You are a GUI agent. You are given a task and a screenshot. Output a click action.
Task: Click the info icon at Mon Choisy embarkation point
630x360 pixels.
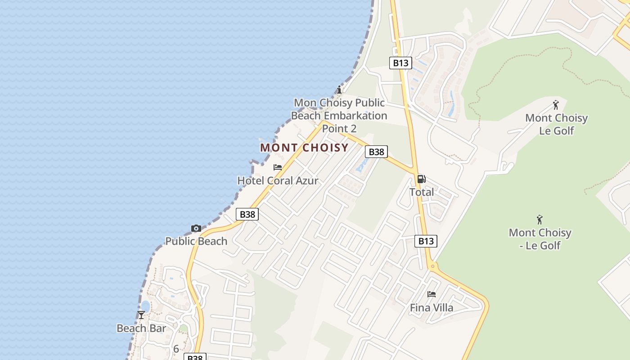point(339,90)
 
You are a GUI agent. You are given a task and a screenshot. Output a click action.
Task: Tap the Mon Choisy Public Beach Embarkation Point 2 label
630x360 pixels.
point(339,116)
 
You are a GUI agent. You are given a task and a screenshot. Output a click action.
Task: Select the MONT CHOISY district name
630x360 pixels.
point(304,148)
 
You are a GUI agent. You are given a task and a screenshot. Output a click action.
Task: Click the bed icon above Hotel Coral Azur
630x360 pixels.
point(278,167)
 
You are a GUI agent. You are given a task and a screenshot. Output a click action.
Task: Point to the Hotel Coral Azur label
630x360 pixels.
point(278,181)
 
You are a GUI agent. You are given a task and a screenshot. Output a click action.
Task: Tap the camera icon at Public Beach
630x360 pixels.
point(196,229)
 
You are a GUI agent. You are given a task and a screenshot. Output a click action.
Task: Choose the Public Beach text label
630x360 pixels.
point(196,241)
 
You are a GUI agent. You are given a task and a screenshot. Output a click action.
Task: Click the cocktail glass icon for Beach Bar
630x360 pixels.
point(141,315)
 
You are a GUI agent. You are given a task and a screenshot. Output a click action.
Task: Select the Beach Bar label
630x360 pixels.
point(141,328)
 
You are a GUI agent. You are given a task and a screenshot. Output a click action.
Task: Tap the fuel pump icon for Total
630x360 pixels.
point(422,179)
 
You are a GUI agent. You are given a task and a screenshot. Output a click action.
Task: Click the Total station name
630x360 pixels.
point(422,192)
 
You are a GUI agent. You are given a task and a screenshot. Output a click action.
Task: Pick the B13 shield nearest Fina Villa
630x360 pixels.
point(426,241)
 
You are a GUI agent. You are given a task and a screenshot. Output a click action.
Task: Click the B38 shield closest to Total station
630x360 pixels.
point(376,152)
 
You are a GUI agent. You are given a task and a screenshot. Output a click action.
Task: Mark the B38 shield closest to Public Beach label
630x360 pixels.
point(247,214)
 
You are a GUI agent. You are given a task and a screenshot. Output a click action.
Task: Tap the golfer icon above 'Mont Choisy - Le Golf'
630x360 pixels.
point(540,220)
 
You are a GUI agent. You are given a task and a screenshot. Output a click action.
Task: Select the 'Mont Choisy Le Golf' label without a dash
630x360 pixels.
point(557,124)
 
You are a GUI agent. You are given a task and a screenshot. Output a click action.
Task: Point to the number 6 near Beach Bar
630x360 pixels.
point(176,349)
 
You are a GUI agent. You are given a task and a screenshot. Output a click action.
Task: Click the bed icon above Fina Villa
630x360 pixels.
point(432,294)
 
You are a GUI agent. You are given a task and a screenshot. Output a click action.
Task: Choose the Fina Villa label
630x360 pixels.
point(432,308)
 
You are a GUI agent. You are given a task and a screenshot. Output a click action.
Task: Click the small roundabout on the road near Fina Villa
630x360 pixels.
point(433,266)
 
